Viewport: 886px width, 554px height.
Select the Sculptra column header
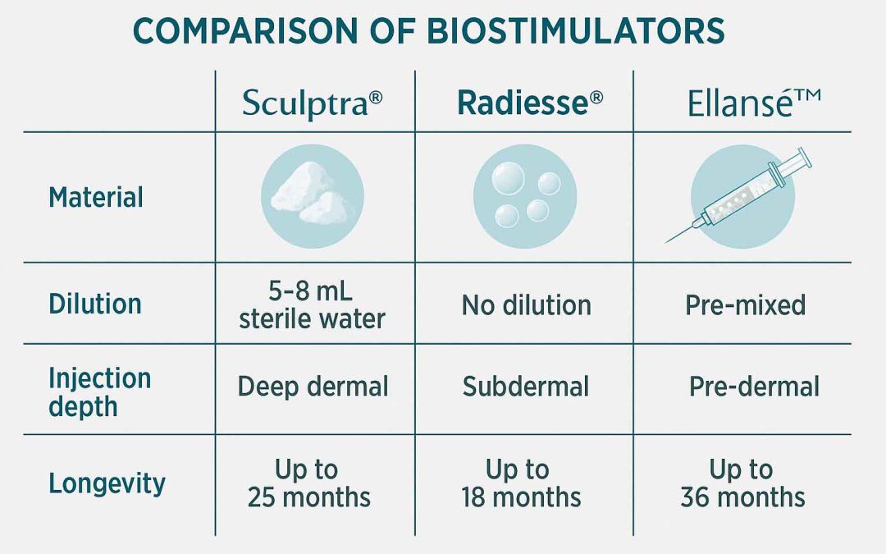click(313, 103)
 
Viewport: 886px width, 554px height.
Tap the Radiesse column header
click(529, 103)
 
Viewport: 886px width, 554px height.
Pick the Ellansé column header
click(742, 103)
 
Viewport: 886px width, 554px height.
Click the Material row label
click(96, 198)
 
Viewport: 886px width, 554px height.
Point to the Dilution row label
click(95, 304)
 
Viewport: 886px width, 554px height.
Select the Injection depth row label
click(99, 392)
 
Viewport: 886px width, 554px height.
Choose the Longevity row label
click(107, 483)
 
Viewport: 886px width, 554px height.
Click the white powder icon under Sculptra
click(313, 197)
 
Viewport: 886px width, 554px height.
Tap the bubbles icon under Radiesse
click(525, 197)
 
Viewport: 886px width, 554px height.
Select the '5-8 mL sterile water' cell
click(312, 304)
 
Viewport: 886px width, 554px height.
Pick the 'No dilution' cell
click(526, 305)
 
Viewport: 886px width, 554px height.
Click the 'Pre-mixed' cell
click(745, 305)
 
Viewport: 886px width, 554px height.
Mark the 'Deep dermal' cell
click(313, 387)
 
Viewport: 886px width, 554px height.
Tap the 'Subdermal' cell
click(526, 387)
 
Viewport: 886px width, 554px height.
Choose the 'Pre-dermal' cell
click(754, 387)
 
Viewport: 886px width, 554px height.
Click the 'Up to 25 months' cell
click(309, 483)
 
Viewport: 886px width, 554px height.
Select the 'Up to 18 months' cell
click(521, 483)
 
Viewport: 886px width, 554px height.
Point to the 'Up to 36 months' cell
click(742, 483)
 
